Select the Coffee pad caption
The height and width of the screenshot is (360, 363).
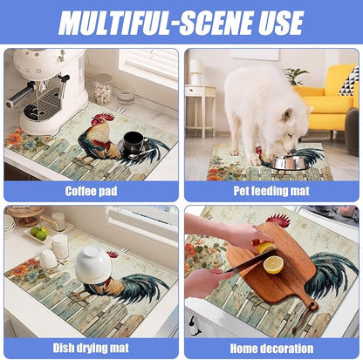pyautogui.click(x=91, y=191)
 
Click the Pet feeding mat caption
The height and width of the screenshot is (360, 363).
pyautogui.click(x=271, y=191)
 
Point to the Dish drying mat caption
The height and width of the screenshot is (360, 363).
pyautogui.click(x=91, y=348)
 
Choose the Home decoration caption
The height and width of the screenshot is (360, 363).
pyautogui.click(x=271, y=349)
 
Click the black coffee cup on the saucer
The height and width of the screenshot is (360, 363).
pyautogui.click(x=133, y=142)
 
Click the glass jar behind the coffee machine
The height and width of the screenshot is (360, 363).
pyautogui.click(x=103, y=89)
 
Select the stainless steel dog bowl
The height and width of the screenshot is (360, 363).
pyautogui.click(x=290, y=162)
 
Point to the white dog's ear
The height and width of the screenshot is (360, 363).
pyautogui.click(x=287, y=115)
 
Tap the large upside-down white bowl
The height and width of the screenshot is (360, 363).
pyautogui.click(x=93, y=265)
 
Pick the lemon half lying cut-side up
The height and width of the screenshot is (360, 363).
pyautogui.click(x=273, y=265)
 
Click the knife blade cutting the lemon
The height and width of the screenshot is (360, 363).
pyautogui.click(x=251, y=262)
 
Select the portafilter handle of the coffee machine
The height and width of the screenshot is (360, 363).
pyautogui.click(x=19, y=95)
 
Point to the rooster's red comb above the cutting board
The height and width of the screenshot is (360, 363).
pyautogui.click(x=278, y=221)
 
